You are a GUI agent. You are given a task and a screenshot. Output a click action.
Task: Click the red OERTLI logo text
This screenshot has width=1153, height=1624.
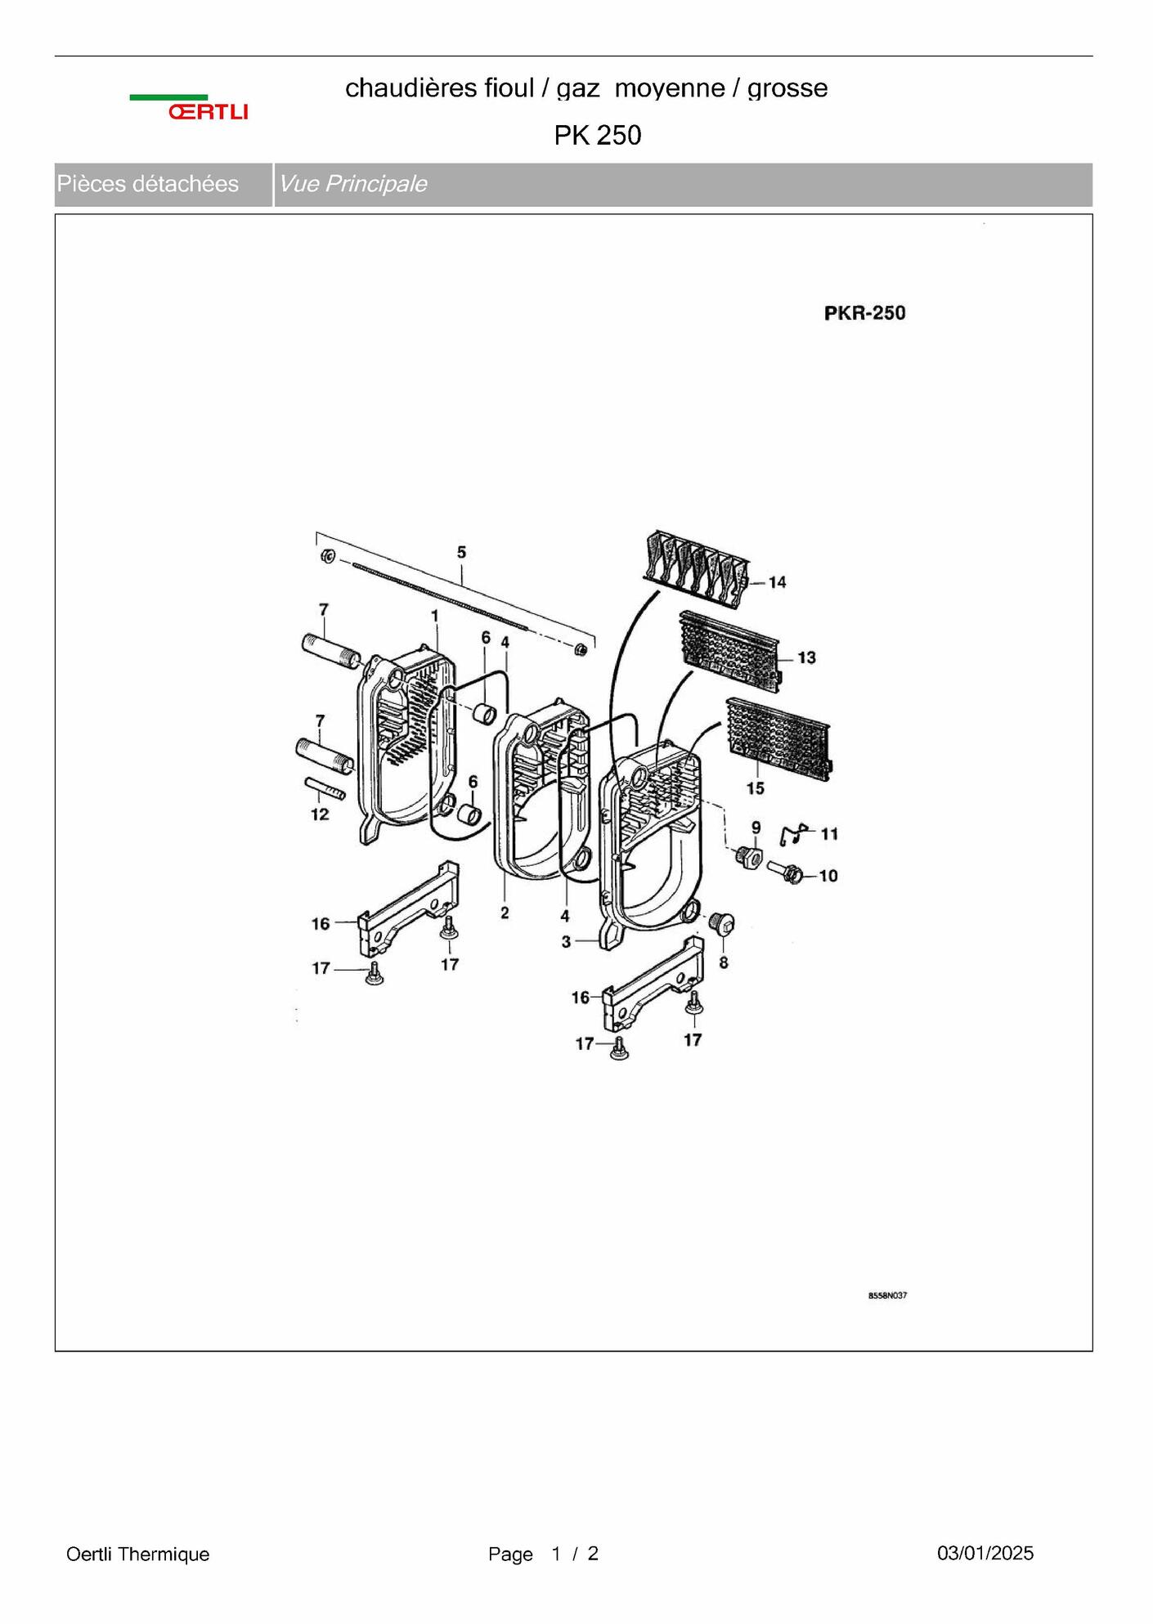(x=209, y=112)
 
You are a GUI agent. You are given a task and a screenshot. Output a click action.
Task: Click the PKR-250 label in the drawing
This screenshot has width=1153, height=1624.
(x=864, y=313)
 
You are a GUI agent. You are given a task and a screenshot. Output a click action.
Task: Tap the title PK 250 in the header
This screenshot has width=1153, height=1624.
(x=598, y=135)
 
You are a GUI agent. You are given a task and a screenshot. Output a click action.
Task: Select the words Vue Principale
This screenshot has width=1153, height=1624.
(x=352, y=184)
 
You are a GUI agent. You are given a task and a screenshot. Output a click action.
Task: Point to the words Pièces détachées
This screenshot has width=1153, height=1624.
(x=148, y=184)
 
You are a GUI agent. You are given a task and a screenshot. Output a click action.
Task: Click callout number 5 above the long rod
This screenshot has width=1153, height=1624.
(x=461, y=553)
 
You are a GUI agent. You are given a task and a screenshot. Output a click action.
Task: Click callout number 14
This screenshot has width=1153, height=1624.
(x=777, y=582)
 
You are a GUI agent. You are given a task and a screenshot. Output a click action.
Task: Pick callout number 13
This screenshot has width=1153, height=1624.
(x=806, y=657)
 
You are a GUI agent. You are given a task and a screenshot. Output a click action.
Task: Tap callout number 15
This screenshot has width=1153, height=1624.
(x=755, y=788)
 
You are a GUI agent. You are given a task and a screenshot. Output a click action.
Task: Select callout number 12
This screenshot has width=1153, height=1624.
(x=320, y=814)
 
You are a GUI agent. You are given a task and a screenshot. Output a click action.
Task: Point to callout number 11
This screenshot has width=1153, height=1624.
(x=829, y=834)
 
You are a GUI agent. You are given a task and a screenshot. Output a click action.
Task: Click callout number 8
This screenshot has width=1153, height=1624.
(x=724, y=963)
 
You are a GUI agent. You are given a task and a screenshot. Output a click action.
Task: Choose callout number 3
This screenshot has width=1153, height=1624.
(x=566, y=942)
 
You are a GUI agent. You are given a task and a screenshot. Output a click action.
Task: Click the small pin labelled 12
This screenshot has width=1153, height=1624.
(x=325, y=789)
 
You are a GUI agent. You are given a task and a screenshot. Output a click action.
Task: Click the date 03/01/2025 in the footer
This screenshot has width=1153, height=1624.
(x=985, y=1553)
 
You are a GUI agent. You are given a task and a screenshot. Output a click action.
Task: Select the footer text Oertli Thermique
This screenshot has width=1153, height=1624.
(x=138, y=1554)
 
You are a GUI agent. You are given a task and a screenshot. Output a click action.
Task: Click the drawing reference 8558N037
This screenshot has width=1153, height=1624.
(x=887, y=1295)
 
